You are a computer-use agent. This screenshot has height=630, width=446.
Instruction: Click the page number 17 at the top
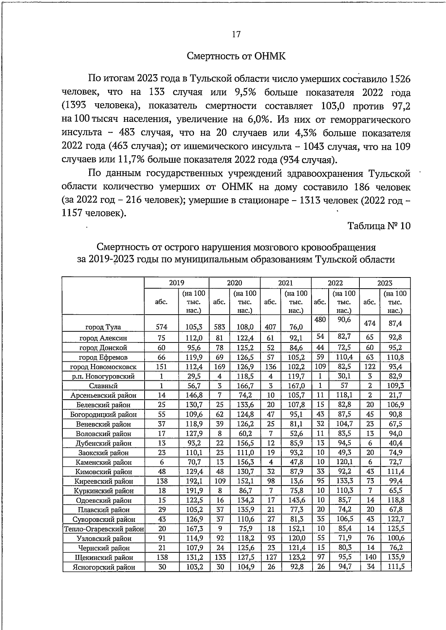click(x=236, y=35)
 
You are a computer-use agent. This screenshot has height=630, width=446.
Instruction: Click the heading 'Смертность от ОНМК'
click(x=236, y=56)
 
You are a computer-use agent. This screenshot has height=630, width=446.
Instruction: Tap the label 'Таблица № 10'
click(x=379, y=226)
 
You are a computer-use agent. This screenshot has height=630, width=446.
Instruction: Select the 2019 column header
click(x=176, y=283)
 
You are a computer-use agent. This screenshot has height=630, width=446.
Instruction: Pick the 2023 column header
click(x=385, y=283)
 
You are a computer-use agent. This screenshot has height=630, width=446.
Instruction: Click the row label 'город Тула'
click(x=103, y=327)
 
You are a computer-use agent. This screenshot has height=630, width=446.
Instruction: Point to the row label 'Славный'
click(x=103, y=386)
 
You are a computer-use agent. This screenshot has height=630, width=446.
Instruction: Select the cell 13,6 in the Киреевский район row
click(x=296, y=481)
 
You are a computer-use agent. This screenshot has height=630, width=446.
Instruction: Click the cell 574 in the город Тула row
click(x=162, y=327)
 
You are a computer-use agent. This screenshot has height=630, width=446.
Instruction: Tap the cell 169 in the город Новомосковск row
click(x=219, y=367)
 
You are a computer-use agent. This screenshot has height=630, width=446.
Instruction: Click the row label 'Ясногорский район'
click(x=103, y=567)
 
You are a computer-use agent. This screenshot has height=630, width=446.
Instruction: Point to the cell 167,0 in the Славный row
click(x=296, y=386)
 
